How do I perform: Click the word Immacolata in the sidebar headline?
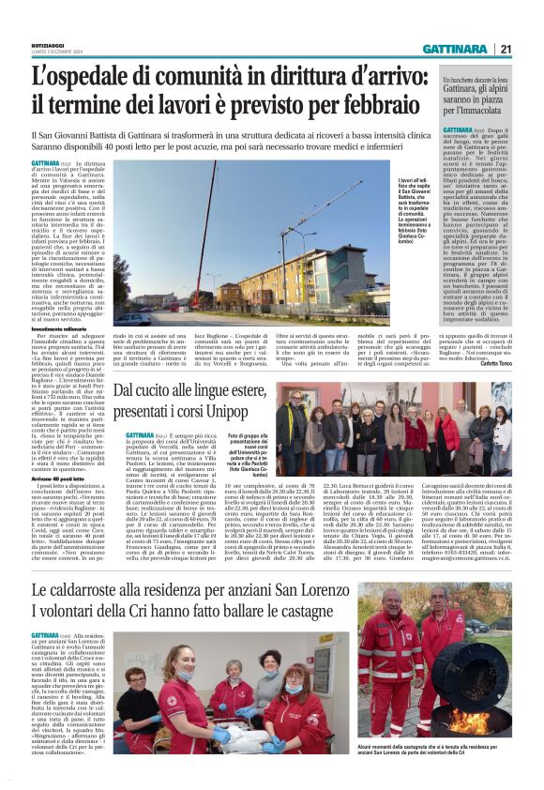pyautogui.click(x=481, y=107)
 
